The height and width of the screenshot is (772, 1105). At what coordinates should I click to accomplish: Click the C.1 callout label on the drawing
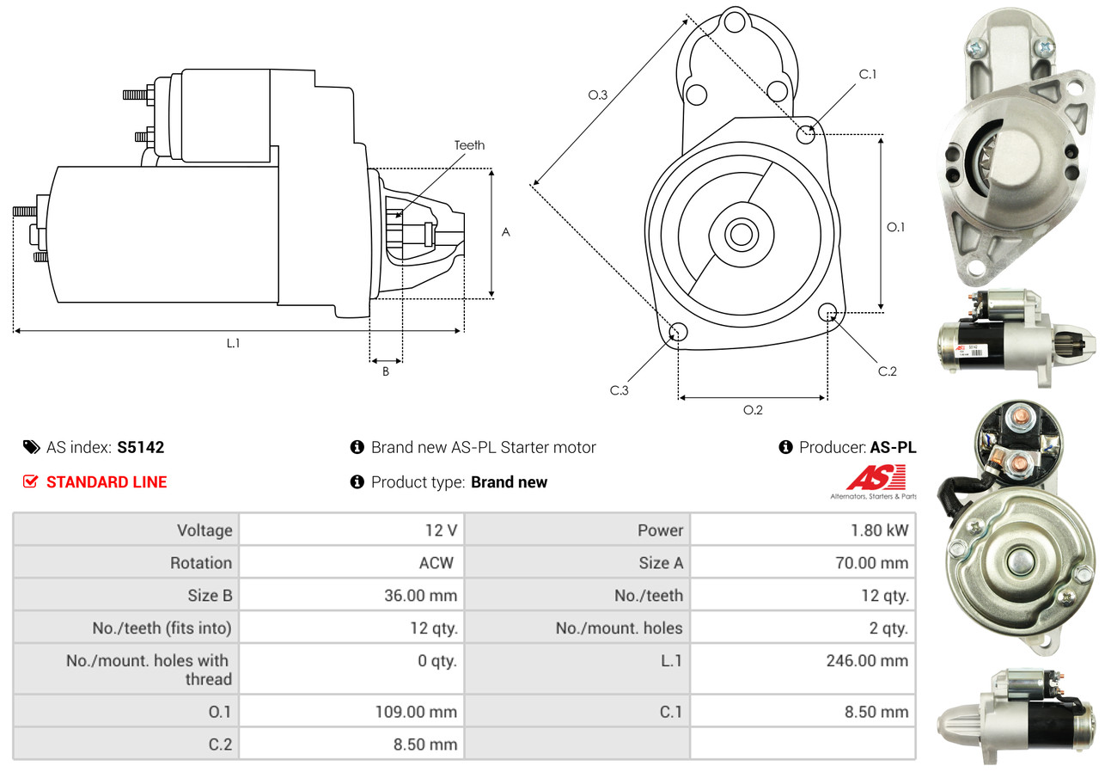868,74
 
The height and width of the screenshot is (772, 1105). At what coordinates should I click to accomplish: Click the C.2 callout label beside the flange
887,371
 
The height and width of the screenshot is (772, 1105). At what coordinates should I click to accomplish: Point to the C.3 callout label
620,390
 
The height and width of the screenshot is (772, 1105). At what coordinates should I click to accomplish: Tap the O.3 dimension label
597,95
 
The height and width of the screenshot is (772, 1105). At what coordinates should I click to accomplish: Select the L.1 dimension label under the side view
233,343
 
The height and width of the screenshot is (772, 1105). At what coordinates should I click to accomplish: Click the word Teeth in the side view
469,145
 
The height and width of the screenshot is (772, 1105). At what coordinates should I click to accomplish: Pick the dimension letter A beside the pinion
506,232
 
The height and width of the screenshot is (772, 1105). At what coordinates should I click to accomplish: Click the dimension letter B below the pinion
386,371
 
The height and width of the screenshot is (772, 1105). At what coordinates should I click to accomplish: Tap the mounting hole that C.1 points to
806,134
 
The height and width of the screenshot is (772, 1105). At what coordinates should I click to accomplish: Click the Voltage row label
205,530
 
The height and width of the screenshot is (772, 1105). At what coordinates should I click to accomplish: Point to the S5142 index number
140,447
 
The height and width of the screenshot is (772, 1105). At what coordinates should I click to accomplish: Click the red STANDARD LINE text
107,482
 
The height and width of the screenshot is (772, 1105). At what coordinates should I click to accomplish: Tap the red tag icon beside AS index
31,447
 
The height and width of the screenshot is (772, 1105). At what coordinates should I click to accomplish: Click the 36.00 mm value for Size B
422,595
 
